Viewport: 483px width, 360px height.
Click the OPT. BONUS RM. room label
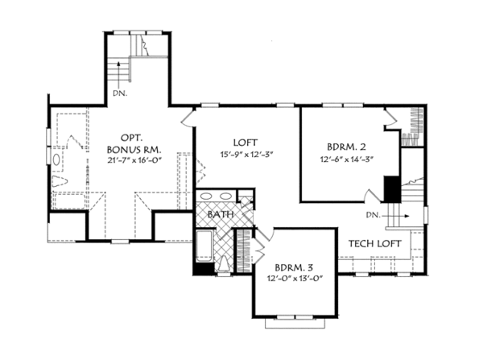pyautogui.click(x=134, y=143)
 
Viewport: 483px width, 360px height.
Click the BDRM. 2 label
pyautogui.click(x=347, y=147)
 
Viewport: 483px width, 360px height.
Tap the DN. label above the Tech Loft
pyautogui.click(x=372, y=215)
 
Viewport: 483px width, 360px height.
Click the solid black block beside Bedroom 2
pyautogui.click(x=391, y=189)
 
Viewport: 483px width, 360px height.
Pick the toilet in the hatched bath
pyautogui.click(x=223, y=264)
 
